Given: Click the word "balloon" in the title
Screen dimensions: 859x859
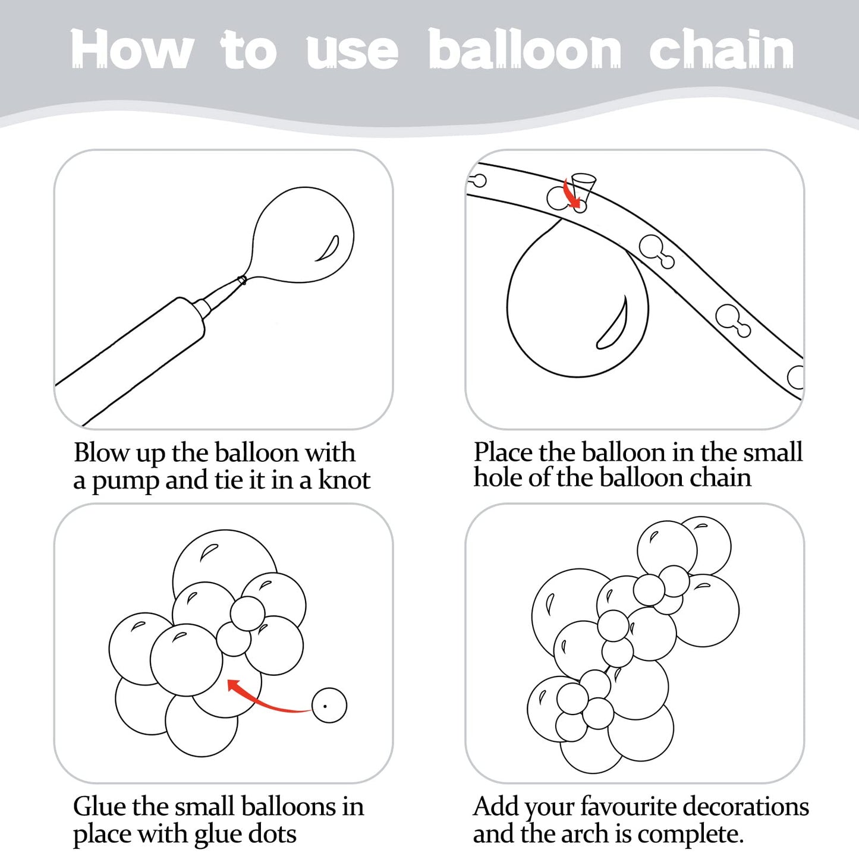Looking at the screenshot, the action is point(525,49).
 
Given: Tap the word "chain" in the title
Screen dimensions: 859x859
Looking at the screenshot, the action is point(721,49).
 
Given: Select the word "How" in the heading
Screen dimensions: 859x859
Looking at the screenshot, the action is point(132,49).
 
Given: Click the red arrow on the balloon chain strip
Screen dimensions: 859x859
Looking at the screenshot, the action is point(574,193).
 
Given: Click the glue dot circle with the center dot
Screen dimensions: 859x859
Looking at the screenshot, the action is point(329,706).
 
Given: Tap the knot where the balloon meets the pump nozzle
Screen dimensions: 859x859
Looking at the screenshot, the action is point(243,281).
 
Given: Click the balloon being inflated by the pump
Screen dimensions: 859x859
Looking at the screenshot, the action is point(301,235).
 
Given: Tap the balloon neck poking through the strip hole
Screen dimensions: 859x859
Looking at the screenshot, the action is point(583,188).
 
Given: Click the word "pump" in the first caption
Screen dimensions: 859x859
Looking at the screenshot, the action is point(125,482).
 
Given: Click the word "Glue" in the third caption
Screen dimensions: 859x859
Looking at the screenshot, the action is point(99,807).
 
